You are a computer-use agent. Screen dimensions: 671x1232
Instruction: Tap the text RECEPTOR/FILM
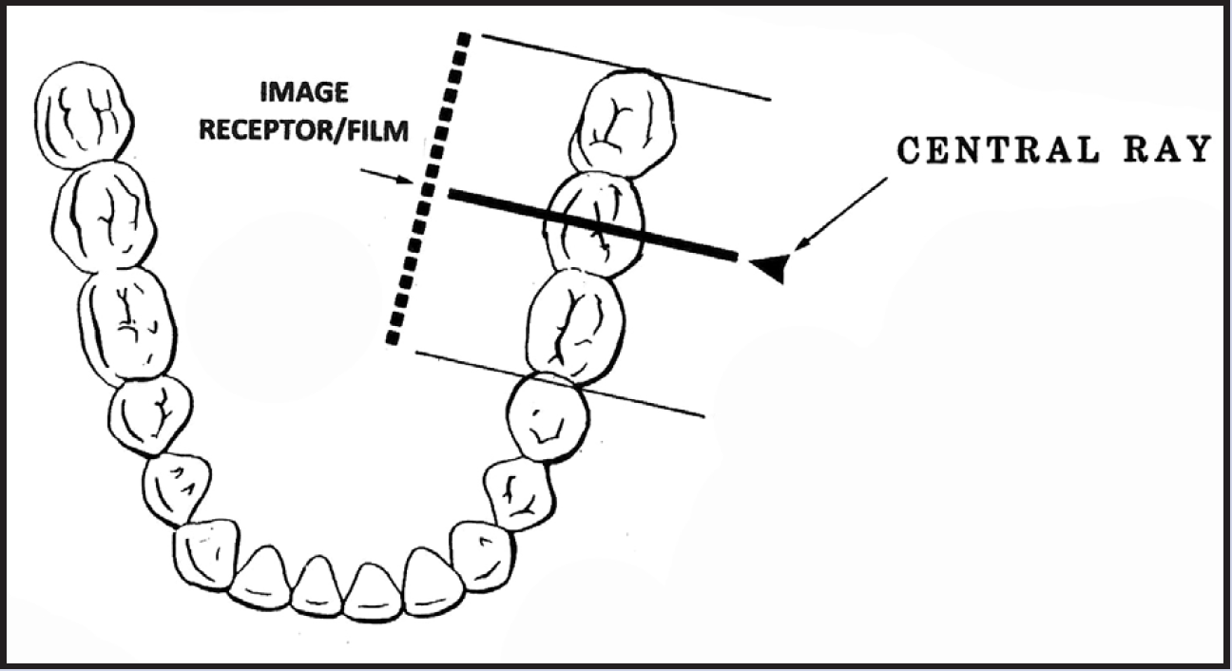[x=304, y=130]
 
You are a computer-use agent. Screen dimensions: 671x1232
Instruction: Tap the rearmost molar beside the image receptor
[x=624, y=122]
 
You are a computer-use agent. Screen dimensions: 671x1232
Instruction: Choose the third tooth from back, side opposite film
[x=128, y=323]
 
